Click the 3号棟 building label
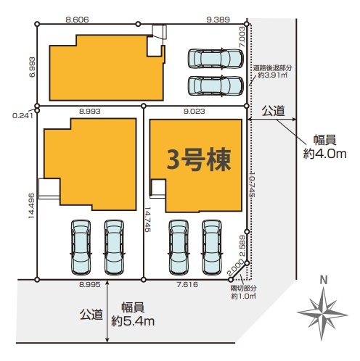(199, 159)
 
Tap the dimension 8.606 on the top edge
(77, 20)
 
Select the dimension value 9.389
(218, 20)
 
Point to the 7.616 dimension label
(187, 285)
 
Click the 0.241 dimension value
(22, 116)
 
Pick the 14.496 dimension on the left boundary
(32, 206)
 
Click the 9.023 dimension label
(195, 112)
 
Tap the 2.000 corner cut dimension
(235, 267)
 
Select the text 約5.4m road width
(133, 322)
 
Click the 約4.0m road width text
(324, 154)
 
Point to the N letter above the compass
(324, 281)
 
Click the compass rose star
(322, 314)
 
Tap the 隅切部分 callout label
(244, 288)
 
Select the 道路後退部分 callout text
(273, 68)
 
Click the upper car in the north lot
(216, 59)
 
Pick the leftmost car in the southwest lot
(81, 247)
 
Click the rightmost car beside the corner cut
(212, 247)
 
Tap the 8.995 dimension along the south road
(90, 285)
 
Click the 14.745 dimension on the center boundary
(147, 220)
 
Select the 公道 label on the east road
(273, 112)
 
